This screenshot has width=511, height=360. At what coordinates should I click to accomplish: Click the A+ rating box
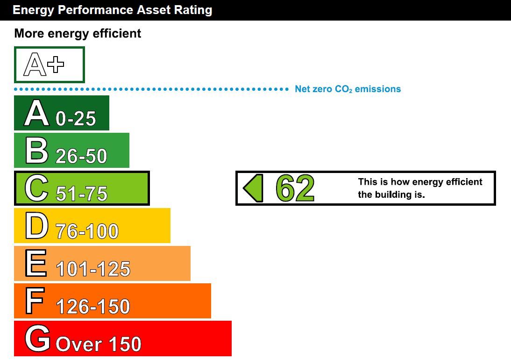point(50,65)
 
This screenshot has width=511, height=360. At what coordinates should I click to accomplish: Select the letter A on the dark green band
point(36,113)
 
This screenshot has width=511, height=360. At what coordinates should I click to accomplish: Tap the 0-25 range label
point(76,118)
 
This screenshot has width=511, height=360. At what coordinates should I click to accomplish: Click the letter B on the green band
point(37,151)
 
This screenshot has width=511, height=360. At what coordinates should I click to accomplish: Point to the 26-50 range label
point(81,156)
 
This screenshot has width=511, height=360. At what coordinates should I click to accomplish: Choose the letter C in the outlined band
point(36,188)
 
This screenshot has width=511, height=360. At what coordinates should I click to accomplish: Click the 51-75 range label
point(81,194)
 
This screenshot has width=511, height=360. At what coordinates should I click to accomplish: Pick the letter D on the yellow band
point(37,226)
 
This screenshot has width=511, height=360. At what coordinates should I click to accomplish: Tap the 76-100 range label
point(87,231)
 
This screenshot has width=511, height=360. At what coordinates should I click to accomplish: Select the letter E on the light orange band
point(36,263)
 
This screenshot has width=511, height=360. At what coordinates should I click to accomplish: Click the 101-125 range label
point(93,269)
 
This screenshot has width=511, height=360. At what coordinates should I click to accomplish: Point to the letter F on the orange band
point(35,301)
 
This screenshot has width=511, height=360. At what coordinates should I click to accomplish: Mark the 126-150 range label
point(93,307)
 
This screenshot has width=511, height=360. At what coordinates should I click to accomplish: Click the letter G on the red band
point(37,338)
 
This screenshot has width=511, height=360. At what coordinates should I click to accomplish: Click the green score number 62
point(295,188)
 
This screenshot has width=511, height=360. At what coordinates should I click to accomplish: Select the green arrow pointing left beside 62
point(253,188)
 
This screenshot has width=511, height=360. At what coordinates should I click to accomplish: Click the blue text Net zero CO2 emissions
point(348,89)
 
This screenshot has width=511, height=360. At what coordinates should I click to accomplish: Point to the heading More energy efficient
point(78,34)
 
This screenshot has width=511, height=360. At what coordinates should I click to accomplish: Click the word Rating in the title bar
point(193,10)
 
